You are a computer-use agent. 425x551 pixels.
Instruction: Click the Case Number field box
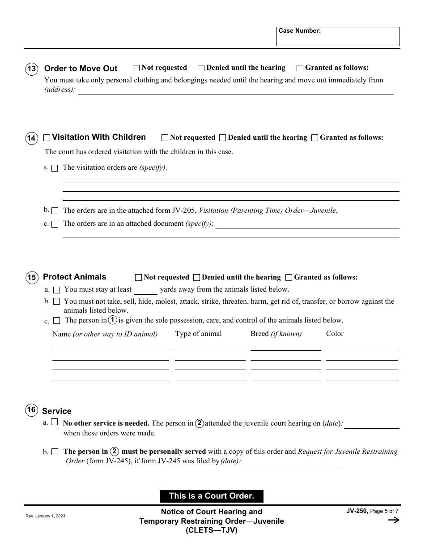pyautogui.click(x=338, y=37)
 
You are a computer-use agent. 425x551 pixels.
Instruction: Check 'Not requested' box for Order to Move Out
pyautogui.click(x=136, y=68)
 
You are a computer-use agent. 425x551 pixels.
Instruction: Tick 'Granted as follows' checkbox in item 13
pyautogui.click(x=300, y=68)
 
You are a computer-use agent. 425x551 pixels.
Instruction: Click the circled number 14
pyautogui.click(x=31, y=138)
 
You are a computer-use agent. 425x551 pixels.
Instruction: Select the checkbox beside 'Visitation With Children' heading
pyautogui.click(x=47, y=138)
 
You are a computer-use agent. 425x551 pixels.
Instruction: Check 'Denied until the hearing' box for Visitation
pyautogui.click(x=223, y=138)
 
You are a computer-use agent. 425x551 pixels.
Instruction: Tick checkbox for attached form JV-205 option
pyautogui.click(x=55, y=211)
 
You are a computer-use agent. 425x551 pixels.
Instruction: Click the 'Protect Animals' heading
pyautogui.click(x=75, y=277)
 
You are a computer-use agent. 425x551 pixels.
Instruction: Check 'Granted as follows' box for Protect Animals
pyautogui.click(x=289, y=278)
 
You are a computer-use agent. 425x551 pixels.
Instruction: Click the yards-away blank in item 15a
pyautogui.click(x=145, y=290)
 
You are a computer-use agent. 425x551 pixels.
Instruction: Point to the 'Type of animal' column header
pyautogui.click(x=198, y=334)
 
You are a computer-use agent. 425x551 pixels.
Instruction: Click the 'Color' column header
pyautogui.click(x=335, y=334)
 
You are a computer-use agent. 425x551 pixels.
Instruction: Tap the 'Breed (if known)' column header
pyautogui.click(x=276, y=334)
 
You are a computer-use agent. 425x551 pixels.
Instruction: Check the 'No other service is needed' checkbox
pyautogui.click(x=55, y=422)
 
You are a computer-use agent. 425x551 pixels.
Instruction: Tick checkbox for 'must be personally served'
pyautogui.click(x=55, y=452)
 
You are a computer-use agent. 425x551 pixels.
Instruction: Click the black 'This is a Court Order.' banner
pyautogui.click(x=212, y=496)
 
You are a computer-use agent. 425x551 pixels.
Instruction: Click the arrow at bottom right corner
pyautogui.click(x=393, y=520)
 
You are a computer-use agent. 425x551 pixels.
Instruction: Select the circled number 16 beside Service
pyautogui.click(x=31, y=409)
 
